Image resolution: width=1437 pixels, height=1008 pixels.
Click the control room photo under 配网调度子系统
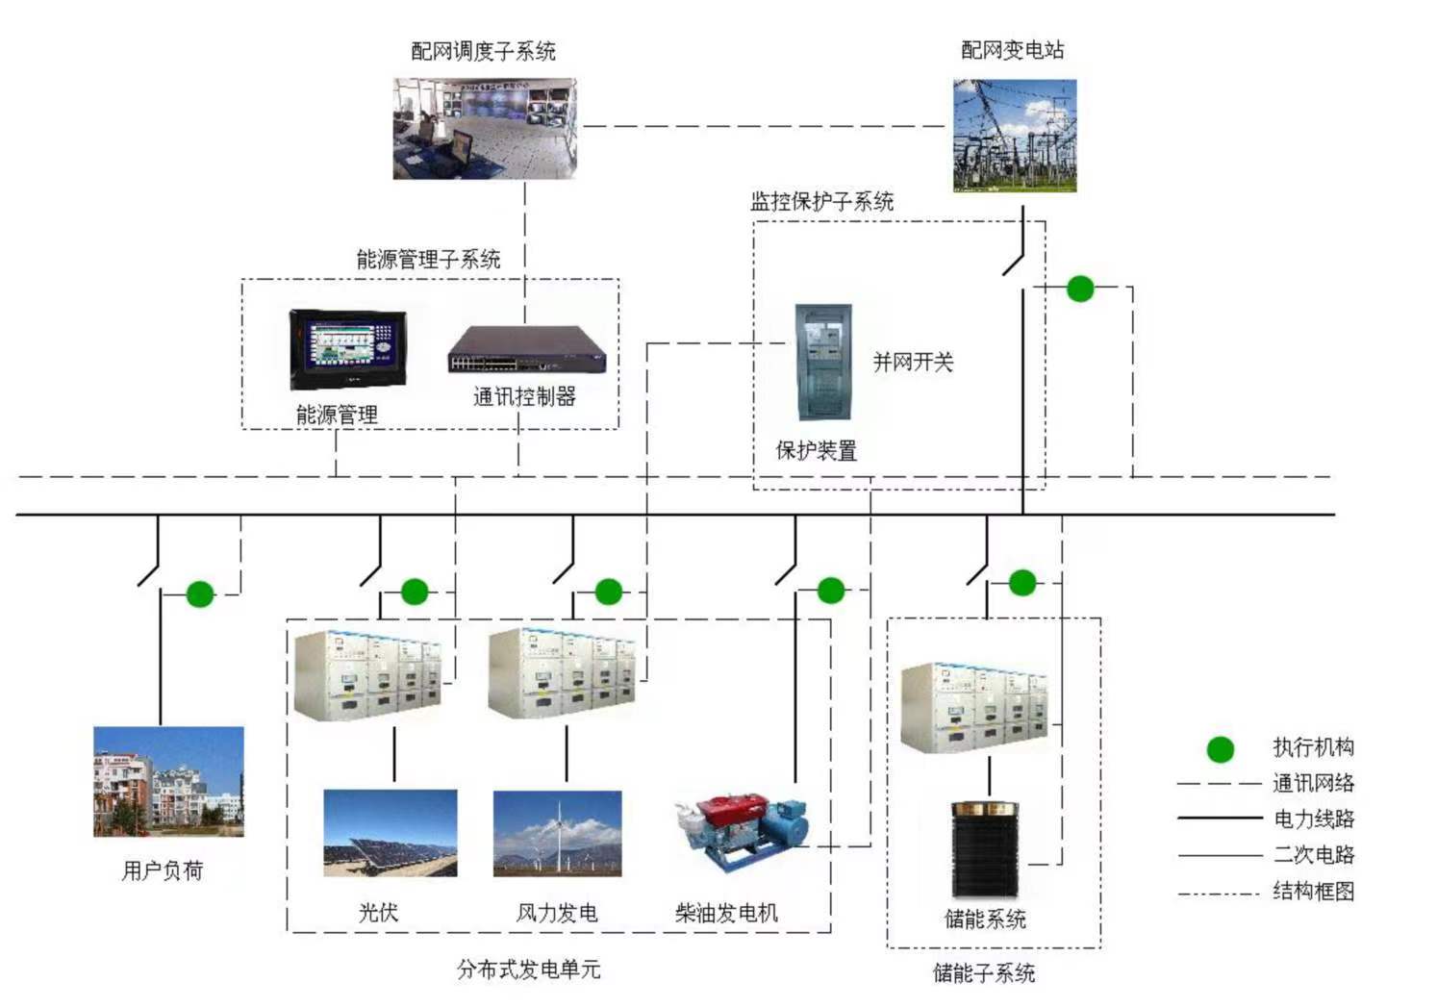pos(484,129)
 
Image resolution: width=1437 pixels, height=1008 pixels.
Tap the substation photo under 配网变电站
pos(1015,136)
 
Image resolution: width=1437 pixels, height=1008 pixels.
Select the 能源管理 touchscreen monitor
pos(348,349)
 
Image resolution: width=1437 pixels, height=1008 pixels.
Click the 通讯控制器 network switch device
pos(526,350)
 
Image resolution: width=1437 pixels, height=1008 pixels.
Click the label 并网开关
pos(912,363)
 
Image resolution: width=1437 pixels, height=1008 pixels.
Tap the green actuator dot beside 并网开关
pos(1080,289)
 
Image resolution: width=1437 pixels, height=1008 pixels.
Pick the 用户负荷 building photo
pos(168,781)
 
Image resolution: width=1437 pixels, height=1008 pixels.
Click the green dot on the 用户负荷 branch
pos(200,594)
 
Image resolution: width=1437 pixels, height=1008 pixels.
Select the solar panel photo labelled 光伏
pos(390,833)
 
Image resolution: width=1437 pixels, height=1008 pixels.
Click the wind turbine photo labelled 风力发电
pos(557,833)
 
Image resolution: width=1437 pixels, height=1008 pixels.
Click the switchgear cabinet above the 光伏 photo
pos(368,674)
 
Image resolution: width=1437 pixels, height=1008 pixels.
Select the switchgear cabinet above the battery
pos(974,707)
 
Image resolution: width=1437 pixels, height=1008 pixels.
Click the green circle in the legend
pos(1221,748)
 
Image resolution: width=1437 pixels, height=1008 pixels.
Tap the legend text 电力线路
pos(1313,819)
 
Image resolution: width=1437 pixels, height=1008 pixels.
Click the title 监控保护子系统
pos(821,202)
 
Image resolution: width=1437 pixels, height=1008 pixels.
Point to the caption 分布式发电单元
pos(528,970)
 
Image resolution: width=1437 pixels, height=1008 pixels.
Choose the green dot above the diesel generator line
pos(830,590)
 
